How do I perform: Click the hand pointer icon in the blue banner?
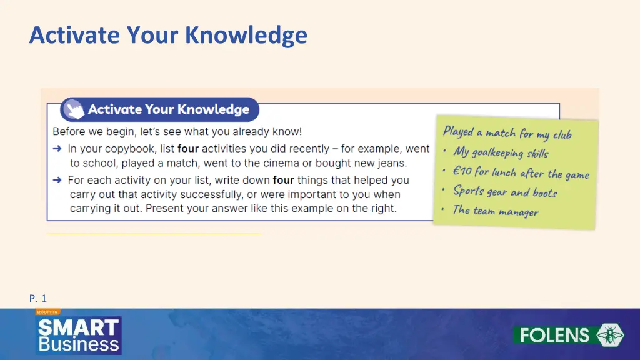pos(74,110)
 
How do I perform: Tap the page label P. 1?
pos(37,299)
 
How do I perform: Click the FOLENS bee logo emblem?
pos(609,335)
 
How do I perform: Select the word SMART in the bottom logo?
pos(78,327)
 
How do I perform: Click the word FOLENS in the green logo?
pos(555,336)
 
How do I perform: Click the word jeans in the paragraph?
pos(391,163)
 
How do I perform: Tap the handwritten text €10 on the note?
pos(463,171)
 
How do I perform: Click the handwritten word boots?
pos(544,193)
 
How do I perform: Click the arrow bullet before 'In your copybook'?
pos(57,149)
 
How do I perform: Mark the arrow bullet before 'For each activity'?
pos(57,180)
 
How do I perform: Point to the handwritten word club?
pos(561,135)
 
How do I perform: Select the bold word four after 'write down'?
pos(283,180)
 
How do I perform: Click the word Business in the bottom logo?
pos(78,344)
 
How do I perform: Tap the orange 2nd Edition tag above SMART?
pos(47,312)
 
